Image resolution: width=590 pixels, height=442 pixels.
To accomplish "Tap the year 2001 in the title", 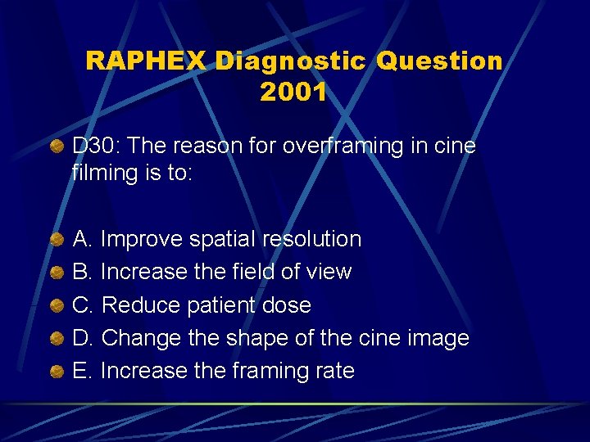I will (x=293, y=92).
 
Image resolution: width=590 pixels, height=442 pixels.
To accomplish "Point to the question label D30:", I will (x=97, y=147).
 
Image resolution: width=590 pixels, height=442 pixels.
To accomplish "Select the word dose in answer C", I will (x=286, y=305).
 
